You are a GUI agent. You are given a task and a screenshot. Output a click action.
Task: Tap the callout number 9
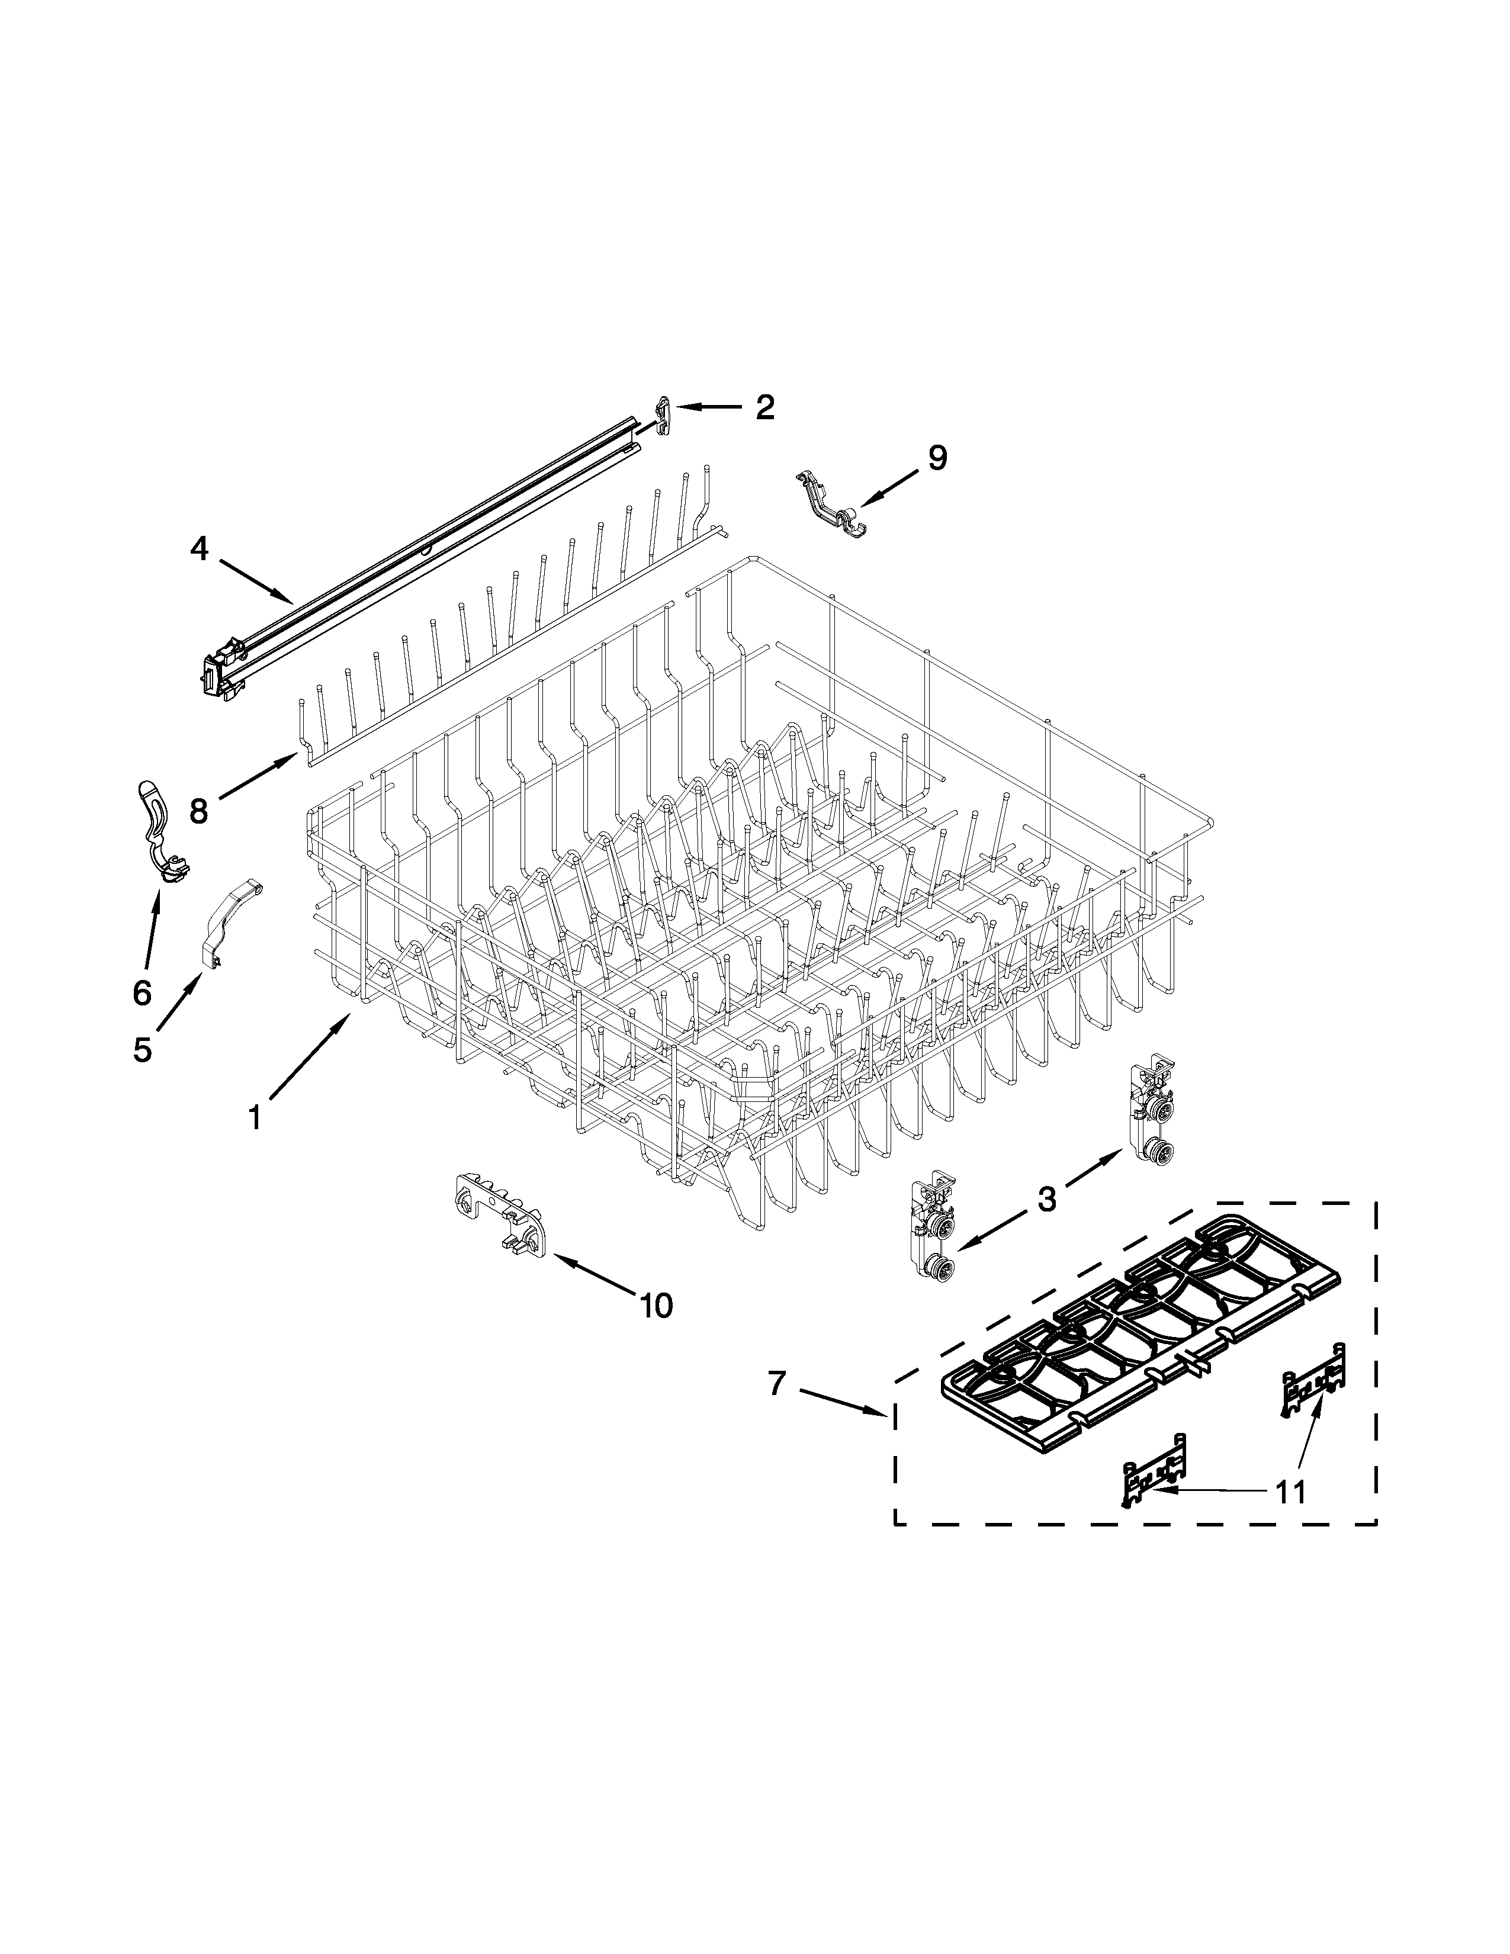click(x=936, y=458)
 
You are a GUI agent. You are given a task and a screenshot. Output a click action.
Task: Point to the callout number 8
click(x=198, y=811)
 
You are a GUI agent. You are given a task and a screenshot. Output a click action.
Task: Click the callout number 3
click(x=1046, y=1199)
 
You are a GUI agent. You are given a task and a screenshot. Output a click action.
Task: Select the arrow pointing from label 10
click(x=595, y=1275)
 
